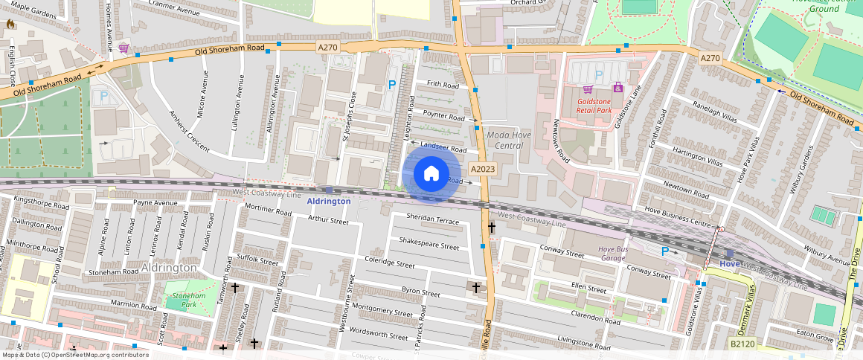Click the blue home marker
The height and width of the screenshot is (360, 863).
(431, 174)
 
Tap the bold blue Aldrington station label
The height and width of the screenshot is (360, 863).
(329, 202)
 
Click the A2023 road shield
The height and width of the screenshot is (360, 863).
(483, 169)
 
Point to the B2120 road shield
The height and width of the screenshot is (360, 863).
(742, 344)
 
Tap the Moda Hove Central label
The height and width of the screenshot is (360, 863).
(515, 141)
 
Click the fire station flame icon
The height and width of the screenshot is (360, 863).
(10, 24)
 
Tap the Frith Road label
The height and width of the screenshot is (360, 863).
(442, 86)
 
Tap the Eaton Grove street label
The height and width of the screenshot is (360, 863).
(815, 336)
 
